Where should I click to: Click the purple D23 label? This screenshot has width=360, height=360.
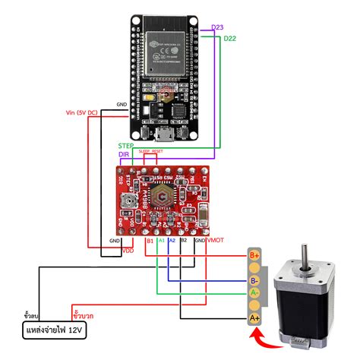[217, 27]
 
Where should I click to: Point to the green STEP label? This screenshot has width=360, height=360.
[126, 144]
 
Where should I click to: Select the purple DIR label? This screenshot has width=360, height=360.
[125, 154]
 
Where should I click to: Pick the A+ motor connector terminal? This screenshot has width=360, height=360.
[256, 318]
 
